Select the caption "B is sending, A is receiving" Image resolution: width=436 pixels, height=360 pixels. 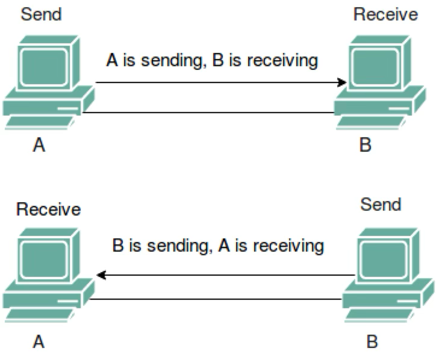(x=217, y=246)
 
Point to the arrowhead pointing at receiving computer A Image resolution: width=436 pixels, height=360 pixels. (x=101, y=275)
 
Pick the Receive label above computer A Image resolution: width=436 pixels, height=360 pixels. (x=48, y=209)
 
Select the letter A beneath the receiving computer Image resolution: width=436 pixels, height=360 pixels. (x=39, y=341)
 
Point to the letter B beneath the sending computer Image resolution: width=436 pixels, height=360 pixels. (x=372, y=341)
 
